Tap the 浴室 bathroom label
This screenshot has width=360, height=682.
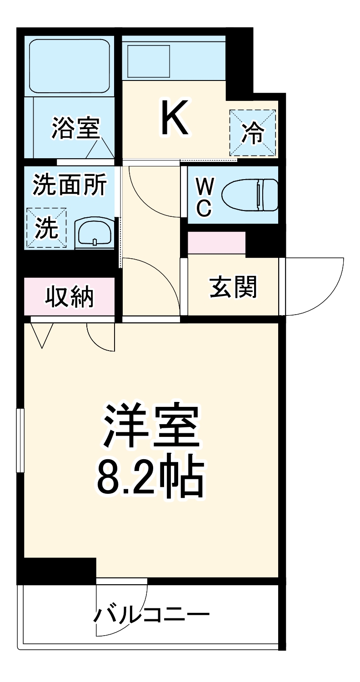[x=75, y=128]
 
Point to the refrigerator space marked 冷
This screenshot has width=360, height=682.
[x=253, y=132]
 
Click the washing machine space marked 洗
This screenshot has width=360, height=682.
[x=47, y=228]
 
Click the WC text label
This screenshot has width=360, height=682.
[x=204, y=196]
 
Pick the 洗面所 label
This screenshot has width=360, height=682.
[x=70, y=185]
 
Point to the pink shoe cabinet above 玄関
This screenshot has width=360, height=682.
[x=216, y=243]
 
